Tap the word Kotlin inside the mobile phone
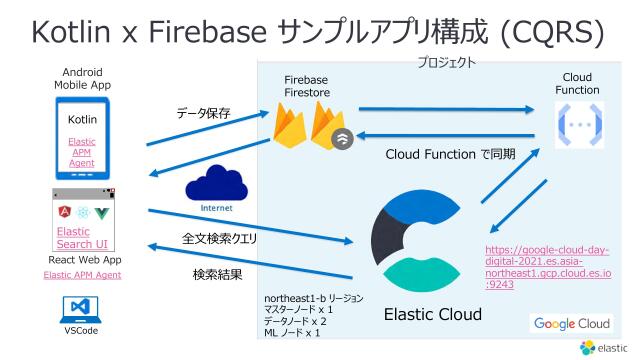82,120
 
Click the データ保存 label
203,113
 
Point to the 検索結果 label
217,274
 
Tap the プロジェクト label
446,62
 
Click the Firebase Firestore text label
306,87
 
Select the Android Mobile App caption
82,79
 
